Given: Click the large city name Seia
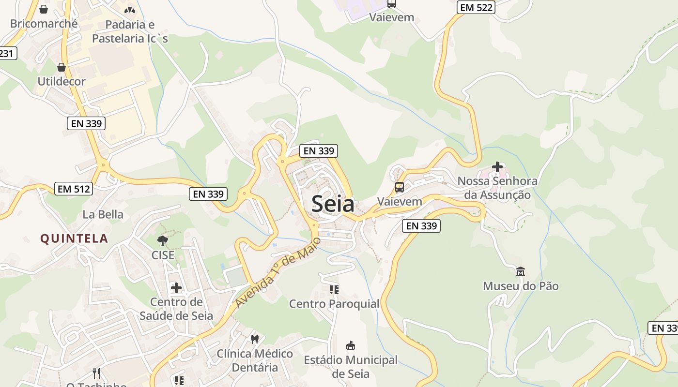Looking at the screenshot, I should [x=333, y=204].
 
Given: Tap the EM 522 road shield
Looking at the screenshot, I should [x=476, y=7].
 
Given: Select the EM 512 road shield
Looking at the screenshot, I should [x=74, y=189].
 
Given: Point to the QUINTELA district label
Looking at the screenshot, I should [x=74, y=238].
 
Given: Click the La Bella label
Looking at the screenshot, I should [x=103, y=214].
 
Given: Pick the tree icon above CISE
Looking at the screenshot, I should [x=163, y=240].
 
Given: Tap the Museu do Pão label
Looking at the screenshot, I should [x=521, y=286].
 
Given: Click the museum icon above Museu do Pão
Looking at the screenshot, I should [x=521, y=271].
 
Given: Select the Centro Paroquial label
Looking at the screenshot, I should [x=334, y=304].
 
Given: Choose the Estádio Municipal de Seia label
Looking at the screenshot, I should [x=351, y=367].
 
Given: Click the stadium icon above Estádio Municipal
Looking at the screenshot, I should [x=351, y=345].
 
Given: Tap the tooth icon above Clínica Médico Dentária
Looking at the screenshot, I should [x=255, y=339].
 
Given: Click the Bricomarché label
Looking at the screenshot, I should [x=44, y=23].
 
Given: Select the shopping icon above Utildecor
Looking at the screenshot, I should [x=62, y=67].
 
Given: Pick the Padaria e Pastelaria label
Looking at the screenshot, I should [x=130, y=31].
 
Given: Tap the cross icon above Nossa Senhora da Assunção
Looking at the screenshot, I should [x=497, y=167].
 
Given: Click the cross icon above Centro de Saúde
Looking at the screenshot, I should [x=176, y=288].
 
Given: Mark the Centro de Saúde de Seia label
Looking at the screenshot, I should [x=176, y=309].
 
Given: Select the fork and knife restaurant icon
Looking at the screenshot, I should [x=96, y=373].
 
